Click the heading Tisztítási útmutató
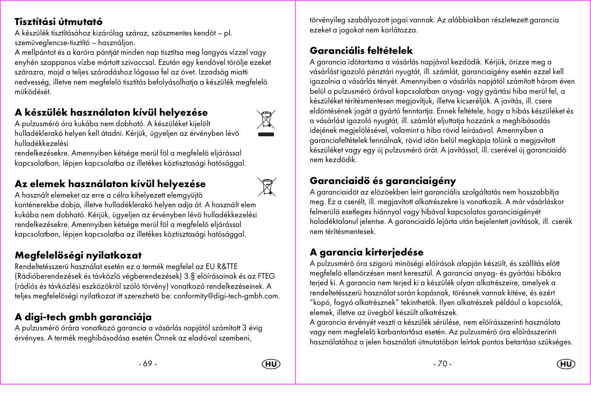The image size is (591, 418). [58, 22]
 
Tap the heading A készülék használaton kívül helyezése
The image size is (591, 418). [111, 113]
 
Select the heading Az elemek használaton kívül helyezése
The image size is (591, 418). [110, 184]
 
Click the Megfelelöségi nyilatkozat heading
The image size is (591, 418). [78, 255]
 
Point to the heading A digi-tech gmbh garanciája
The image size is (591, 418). [83, 317]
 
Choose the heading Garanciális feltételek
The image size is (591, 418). [361, 51]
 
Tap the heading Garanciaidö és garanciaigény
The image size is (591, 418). [383, 181]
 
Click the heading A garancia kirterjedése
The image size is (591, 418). [366, 252]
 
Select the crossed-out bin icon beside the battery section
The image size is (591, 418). [267, 187]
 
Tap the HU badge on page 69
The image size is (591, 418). [271, 364]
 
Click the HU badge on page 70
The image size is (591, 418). [566, 364]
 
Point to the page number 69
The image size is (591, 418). [148, 364]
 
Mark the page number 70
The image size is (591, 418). [442, 364]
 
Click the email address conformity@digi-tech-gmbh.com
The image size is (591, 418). [226, 296]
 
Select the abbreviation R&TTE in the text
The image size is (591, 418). [227, 267]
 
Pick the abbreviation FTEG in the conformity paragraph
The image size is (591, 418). [266, 276]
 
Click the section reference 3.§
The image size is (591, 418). [190, 276]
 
